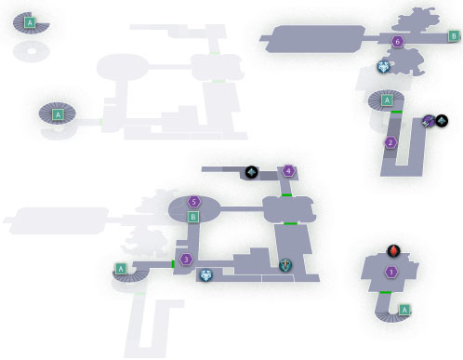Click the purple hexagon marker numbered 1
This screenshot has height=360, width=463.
(391, 272)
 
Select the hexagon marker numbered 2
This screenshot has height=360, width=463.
(390, 143)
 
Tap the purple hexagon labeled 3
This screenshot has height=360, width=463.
(186, 260)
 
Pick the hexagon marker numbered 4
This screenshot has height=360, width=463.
(288, 171)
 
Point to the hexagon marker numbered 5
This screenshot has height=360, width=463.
(194, 202)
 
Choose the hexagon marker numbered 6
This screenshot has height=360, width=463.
(398, 41)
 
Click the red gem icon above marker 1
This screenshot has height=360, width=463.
(393, 250)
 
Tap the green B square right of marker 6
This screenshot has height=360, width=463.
(454, 36)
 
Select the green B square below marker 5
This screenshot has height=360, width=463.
(193, 217)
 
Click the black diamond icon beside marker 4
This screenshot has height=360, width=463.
(252, 172)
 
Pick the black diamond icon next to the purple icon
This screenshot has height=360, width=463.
(442, 121)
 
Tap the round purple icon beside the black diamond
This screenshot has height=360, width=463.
(430, 121)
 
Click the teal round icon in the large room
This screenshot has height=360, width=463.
(285, 265)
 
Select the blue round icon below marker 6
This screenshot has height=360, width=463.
(383, 67)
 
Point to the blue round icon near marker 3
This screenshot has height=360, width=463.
(205, 275)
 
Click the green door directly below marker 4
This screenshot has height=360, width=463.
(286, 195)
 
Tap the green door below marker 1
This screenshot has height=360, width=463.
(386, 292)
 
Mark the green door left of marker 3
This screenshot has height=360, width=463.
(173, 264)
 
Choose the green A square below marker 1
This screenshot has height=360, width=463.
(404, 310)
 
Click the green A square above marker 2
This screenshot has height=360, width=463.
(387, 100)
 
